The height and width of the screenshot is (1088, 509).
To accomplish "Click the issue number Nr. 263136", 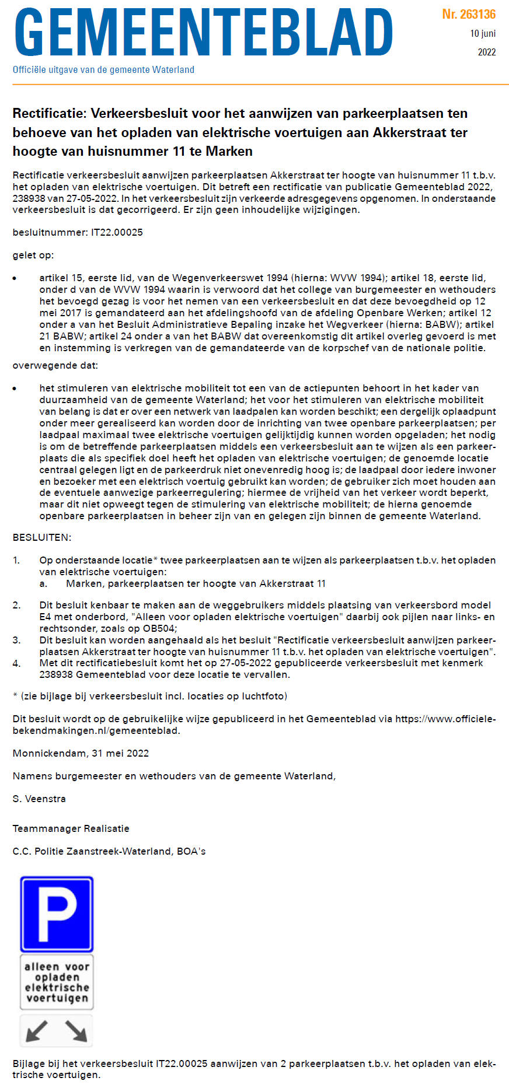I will (469, 14).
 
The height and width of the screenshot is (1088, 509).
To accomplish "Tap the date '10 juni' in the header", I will (483, 33).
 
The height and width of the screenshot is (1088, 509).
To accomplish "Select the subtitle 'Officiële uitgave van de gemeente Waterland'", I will (103, 69).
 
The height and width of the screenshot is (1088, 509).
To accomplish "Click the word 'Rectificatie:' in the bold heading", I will (49, 113).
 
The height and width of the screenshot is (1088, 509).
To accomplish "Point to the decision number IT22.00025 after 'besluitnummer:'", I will (117, 232).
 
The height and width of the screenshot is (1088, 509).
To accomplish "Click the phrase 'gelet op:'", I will (33, 255).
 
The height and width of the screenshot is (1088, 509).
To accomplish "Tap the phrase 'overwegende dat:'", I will (55, 366).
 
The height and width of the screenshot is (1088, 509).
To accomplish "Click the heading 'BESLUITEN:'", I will (42, 537).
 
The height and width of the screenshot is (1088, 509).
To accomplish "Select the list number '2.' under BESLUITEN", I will (16, 605).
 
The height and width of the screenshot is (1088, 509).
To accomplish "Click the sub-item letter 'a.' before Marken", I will (43, 583).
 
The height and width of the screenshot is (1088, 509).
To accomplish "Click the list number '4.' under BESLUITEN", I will (16, 663).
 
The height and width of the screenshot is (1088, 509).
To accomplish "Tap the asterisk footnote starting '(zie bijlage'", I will (150, 696).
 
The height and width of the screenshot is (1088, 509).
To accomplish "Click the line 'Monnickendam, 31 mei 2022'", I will (81, 753).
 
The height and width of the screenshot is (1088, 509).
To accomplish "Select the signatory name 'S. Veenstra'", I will (39, 799).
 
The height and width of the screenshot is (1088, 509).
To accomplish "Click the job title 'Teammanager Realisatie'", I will (71, 828).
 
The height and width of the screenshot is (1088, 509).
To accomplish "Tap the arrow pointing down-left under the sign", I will (37, 1031).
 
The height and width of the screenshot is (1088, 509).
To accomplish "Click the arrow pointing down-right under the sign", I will (76, 1031).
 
